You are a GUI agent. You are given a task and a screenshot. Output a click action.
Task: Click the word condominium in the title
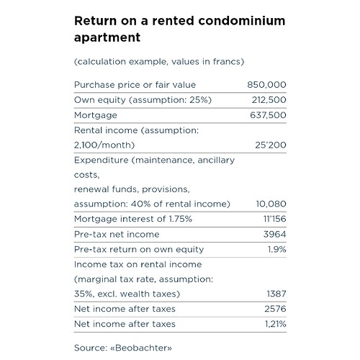click(242, 21)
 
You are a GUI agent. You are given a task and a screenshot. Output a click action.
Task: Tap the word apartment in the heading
click(107, 37)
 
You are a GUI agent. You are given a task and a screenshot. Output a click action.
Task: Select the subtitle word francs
click(227, 61)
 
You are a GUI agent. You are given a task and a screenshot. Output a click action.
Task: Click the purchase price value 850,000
click(266, 85)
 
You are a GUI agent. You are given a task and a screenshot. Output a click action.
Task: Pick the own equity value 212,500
click(269, 100)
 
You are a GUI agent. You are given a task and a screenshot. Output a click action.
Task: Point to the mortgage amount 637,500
click(268, 115)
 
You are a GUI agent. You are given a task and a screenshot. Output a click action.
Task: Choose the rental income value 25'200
click(271, 145)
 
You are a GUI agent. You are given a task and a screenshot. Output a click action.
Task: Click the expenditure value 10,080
click(271, 204)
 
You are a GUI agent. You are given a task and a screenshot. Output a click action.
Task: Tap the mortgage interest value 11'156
click(275, 219)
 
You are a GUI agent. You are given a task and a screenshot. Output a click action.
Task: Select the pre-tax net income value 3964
click(275, 234)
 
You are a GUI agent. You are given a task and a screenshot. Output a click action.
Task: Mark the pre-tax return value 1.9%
click(277, 249)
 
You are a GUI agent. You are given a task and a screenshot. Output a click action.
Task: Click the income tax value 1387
click(276, 294)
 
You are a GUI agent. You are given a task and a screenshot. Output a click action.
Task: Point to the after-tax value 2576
click(275, 309)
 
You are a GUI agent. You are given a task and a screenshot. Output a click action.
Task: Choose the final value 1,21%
click(276, 324)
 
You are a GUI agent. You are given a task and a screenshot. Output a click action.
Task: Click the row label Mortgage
click(96, 115)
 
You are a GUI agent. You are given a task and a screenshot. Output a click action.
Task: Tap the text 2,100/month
click(104, 145)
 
